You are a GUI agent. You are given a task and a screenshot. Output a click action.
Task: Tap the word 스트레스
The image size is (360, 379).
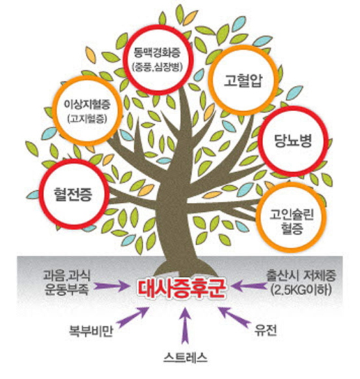[185, 358]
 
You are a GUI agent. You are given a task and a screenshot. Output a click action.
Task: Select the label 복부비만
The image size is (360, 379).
[91, 331]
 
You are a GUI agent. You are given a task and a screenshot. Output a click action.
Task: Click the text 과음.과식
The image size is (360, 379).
[67, 276]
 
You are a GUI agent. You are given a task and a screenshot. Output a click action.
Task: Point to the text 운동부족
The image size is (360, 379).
[67, 289]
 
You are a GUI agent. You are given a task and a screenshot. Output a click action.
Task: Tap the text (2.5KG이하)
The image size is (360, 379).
[301, 289]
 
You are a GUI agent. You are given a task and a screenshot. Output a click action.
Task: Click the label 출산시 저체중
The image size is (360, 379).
[301, 276]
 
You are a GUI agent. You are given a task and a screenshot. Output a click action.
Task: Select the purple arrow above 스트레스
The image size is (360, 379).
[185, 326]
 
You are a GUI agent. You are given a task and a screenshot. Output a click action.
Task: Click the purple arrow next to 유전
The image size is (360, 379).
[234, 317]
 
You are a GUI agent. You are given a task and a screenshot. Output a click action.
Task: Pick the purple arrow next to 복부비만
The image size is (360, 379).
[133, 317]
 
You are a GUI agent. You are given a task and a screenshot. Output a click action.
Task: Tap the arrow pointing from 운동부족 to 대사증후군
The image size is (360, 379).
[112, 287]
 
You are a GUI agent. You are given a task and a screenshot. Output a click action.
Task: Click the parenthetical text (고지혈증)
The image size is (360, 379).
[87, 118]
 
